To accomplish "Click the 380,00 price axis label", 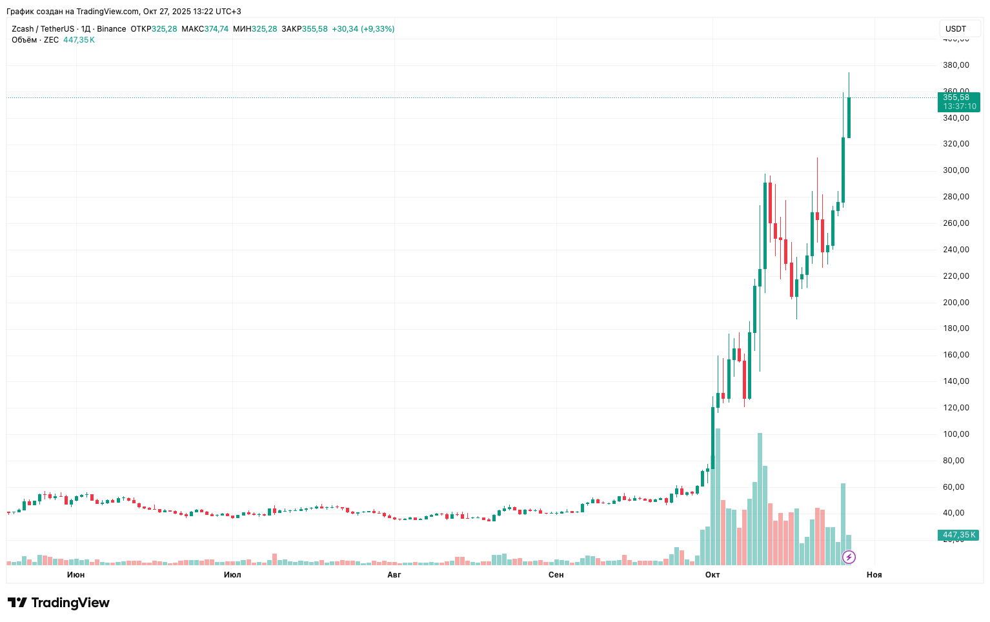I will click(956, 65).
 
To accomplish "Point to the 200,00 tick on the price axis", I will click(956, 303).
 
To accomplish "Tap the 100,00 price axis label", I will click(956, 434).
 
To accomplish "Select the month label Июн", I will click(76, 575).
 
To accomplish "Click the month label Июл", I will click(232, 575).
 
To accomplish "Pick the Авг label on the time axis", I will click(394, 575).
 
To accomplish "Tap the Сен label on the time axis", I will click(556, 575).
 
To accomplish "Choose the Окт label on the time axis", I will click(712, 575).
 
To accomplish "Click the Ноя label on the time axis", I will click(874, 575).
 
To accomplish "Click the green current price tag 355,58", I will click(958, 102).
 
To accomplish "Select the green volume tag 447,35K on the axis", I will click(958, 535).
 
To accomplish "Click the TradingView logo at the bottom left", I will click(59, 603).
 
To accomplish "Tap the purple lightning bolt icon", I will click(849, 557).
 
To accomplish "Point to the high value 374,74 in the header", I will click(216, 29).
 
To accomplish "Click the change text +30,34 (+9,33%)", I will click(363, 29).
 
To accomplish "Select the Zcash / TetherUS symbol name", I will click(43, 29).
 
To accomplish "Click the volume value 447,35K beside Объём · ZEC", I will click(79, 40).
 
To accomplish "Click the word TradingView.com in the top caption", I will click(107, 12).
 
